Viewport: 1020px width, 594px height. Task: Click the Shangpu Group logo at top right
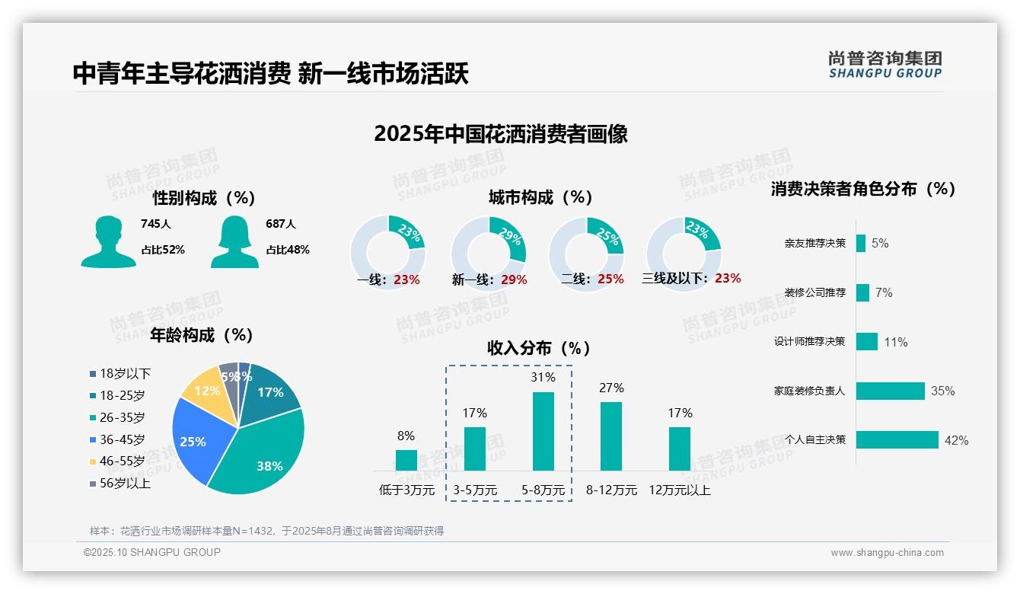(885, 65)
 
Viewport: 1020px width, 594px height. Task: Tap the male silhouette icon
(108, 242)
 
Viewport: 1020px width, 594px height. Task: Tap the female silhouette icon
(234, 242)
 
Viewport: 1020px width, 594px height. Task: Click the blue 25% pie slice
(195, 439)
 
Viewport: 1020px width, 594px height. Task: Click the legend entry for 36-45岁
(122, 439)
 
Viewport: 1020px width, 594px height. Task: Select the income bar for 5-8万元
(543, 431)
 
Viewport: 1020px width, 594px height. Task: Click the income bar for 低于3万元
(406, 460)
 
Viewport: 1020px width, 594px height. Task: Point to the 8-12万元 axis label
(611, 490)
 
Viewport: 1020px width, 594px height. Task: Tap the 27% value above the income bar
(611, 388)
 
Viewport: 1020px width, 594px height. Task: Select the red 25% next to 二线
(610, 279)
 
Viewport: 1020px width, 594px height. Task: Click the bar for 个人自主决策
(897, 440)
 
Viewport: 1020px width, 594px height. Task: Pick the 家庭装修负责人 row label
(809, 391)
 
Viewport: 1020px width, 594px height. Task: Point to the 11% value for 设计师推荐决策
(895, 343)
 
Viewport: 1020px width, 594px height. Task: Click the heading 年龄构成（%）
(201, 335)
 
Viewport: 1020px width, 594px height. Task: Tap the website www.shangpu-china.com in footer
(887, 553)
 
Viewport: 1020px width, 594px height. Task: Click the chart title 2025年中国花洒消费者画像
(501, 134)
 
